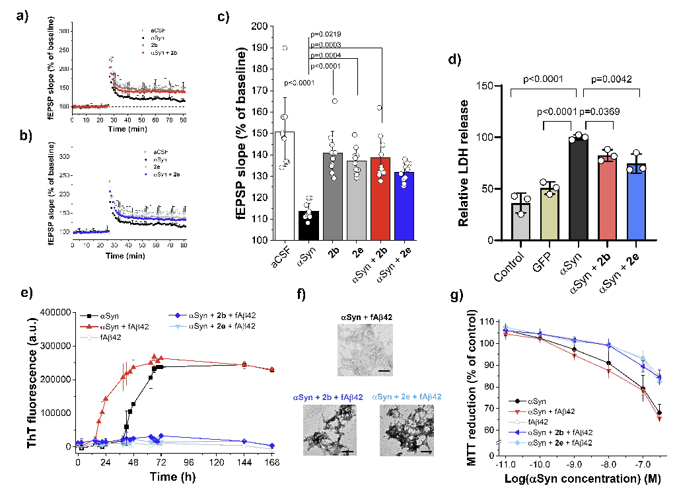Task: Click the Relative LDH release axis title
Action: pos(475,161)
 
